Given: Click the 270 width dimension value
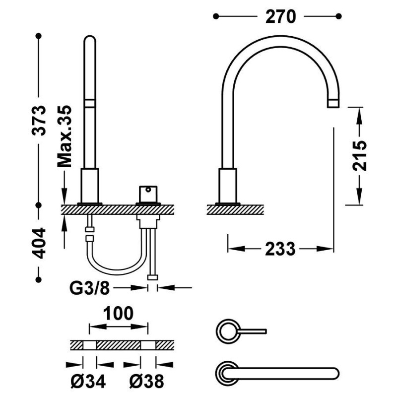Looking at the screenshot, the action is click(280, 17).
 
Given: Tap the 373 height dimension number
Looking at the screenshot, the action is click(39, 120).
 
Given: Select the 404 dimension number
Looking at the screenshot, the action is click(39, 243).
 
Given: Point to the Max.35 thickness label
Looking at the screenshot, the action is click(65, 136).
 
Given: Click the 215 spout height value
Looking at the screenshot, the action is click(359, 155).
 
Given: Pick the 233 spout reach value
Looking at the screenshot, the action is click(280, 249).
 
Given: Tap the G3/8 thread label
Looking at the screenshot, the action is click(90, 288).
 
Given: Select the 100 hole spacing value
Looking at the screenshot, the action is click(118, 314).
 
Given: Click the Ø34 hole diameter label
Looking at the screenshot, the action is click(88, 381).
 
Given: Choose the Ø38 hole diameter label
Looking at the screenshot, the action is click(146, 381).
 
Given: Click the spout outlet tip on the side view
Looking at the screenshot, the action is click(333, 104).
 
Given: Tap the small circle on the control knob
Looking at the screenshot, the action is click(148, 190).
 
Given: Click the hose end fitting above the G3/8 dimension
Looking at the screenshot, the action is click(152, 277).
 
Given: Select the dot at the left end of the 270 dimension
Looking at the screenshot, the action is click(216, 16).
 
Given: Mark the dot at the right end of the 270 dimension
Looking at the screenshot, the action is click(338, 16).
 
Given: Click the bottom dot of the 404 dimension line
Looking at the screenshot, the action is click(39, 280).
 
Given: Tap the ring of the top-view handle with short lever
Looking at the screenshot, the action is click(217, 331).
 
